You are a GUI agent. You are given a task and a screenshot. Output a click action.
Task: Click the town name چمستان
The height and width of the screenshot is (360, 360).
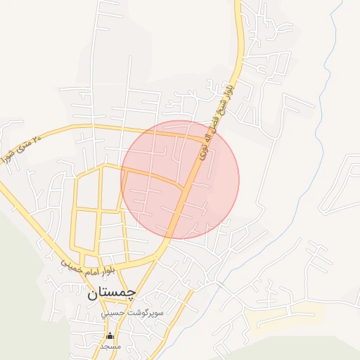tap(112, 293)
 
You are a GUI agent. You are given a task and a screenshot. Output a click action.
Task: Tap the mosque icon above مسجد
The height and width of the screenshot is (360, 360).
tap(109, 336)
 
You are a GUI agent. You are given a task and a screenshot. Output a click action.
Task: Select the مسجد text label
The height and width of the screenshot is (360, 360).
tap(110, 346)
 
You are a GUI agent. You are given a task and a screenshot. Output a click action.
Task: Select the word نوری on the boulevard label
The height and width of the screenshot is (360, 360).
tap(204, 148)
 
